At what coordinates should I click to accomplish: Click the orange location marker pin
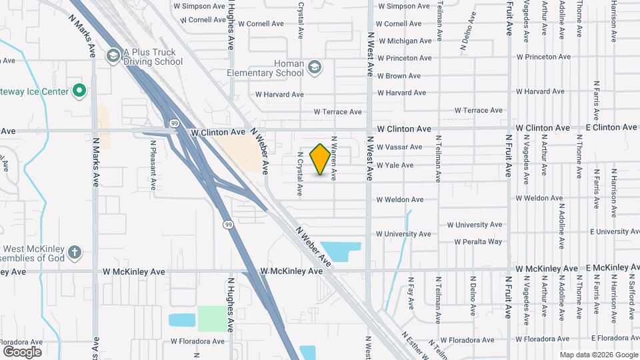pos(321,159)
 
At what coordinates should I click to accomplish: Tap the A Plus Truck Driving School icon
pos(112,55)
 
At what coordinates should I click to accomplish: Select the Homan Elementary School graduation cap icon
pos(314,67)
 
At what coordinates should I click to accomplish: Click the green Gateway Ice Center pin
pos(79,90)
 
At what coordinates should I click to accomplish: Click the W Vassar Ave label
pos(399,147)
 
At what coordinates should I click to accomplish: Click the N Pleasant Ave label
pos(153,163)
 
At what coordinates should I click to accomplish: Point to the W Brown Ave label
pos(399,76)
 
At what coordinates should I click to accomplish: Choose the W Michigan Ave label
pos(404,41)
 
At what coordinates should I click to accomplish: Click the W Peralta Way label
pos(478,241)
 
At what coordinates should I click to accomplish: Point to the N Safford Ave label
pos(632,299)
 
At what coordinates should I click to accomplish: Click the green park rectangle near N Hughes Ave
pos(212,319)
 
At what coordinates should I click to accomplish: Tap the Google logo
pos(22,351)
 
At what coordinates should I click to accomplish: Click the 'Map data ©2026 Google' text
pos(597,355)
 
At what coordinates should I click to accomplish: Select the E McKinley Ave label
pos(612,268)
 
